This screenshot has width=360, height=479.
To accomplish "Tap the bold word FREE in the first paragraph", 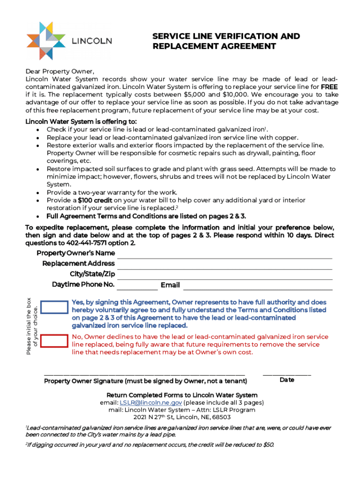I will [x=329, y=87].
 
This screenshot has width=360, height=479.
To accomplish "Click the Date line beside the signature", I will [x=287, y=374].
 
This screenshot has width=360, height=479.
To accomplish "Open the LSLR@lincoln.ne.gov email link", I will [x=151, y=402].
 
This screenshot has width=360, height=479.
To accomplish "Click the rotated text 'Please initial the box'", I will [x=29, y=326].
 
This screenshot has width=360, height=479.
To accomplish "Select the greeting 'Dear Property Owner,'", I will [x=60, y=72].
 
